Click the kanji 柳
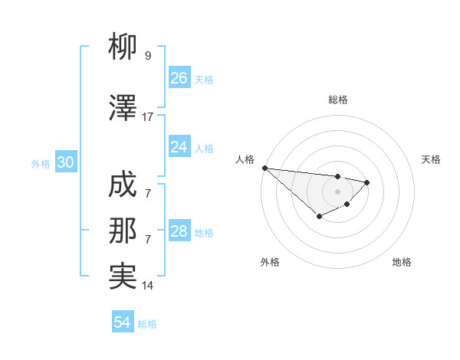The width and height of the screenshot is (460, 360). [x=123, y=47]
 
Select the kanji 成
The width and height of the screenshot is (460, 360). [x=123, y=186]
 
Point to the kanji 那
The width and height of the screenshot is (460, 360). [x=123, y=231]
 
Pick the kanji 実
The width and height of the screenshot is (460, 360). [x=123, y=276]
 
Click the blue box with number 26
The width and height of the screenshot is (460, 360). [x=179, y=78]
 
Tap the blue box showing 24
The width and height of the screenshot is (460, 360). [x=179, y=147]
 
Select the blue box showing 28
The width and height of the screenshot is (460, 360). [x=179, y=231]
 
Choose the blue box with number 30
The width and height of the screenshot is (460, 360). [x=64, y=163]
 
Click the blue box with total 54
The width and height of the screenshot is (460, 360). [x=123, y=323]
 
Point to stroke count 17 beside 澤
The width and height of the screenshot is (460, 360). [x=148, y=117]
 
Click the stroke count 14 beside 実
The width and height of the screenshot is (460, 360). [x=148, y=286]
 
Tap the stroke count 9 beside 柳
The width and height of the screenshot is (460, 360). [x=148, y=56]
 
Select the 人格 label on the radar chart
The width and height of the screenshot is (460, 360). [x=245, y=159]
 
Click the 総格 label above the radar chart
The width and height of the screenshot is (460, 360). [x=338, y=100]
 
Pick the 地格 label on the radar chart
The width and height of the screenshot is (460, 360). [x=402, y=262]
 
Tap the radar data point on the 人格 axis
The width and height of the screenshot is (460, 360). [x=264, y=168]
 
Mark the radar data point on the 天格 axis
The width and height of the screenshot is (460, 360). [x=367, y=182]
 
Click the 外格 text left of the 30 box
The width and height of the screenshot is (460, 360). [x=41, y=164]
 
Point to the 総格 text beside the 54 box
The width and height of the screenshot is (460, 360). [x=147, y=324]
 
